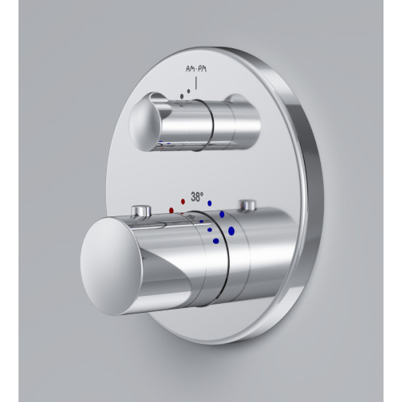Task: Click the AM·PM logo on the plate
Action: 196,69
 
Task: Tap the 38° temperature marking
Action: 197,197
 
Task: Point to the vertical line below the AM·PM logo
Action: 196,83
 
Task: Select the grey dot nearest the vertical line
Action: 189,92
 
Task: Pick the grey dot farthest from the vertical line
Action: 182,96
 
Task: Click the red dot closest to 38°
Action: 183,201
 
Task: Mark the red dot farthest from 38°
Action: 171,210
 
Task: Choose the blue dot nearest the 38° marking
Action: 210,203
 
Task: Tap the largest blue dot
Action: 232,231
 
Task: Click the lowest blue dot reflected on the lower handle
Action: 215,241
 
